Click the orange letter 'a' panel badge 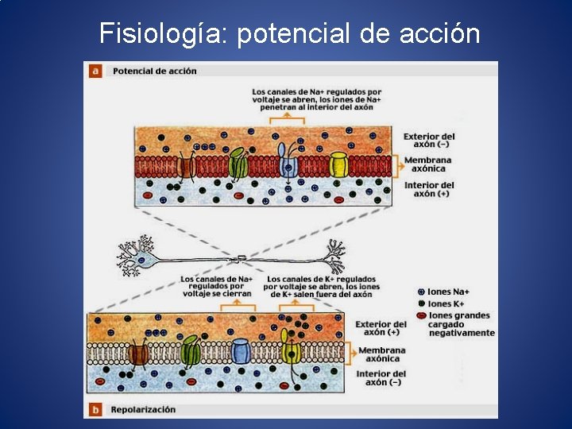pos(95,71)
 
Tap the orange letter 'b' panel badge pos(95,410)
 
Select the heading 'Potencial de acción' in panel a pos(155,71)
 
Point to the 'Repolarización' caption pos(144,410)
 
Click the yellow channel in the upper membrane pos(339,165)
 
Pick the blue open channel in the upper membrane pos(288,165)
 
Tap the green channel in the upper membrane pos(238,164)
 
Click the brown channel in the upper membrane pos(187,167)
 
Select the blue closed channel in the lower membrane pos(241,350)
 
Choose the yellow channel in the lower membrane pos(291,350)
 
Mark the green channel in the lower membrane pos(191,350)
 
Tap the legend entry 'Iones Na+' pos(450,292)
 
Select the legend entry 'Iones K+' pos(446,304)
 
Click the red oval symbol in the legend pos(422,316)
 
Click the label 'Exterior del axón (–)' pos(429,141)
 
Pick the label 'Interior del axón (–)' pos(381,378)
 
